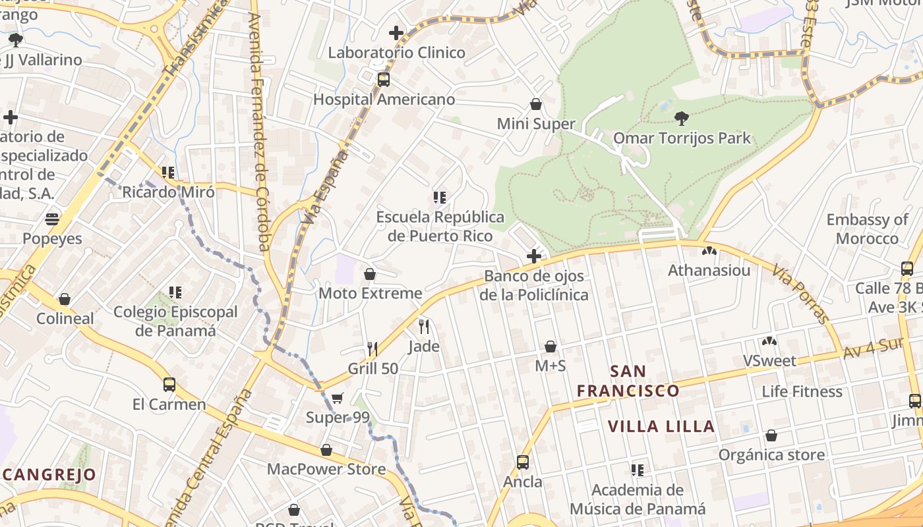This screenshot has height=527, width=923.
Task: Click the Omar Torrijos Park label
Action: point(682,138)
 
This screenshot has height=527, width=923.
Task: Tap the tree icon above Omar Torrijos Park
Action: point(682,119)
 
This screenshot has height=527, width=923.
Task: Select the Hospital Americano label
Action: point(384,99)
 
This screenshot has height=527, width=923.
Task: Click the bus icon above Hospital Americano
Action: point(384,80)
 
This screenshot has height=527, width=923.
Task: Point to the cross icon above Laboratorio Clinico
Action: point(396,32)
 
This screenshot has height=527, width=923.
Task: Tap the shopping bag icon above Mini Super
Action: point(536,104)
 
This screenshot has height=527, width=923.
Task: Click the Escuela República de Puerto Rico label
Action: point(440,226)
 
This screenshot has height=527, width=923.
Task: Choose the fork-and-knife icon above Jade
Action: point(424,326)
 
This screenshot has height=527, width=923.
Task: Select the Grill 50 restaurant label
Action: point(373,368)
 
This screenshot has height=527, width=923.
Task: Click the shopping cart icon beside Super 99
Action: point(338,398)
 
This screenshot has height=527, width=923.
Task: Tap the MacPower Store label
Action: point(326,469)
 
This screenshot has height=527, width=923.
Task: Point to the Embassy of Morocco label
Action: point(867,229)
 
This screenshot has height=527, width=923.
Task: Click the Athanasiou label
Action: point(709,271)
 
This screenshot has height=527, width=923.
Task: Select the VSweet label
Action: point(769,361)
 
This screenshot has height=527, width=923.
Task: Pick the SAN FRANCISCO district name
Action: point(628,381)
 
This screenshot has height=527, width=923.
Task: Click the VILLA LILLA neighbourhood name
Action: point(661,426)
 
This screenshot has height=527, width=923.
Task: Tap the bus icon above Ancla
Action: point(523,462)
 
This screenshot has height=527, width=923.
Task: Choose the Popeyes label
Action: point(53,238)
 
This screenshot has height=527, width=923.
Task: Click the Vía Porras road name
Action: point(800,294)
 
